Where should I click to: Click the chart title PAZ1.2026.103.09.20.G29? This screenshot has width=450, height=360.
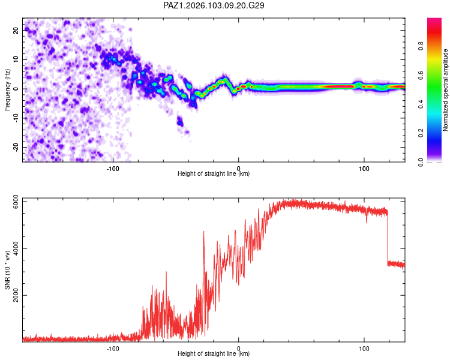(x=214, y=5)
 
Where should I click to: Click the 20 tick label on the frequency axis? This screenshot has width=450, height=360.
(x=16, y=30)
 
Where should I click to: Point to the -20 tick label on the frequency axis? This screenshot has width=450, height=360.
(x=16, y=147)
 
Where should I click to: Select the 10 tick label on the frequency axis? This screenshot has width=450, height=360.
(x=16, y=59)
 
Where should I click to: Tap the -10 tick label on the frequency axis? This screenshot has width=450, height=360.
(x=16, y=118)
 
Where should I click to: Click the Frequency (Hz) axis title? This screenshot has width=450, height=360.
(x=7, y=90)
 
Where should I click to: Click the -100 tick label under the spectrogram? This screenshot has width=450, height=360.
(x=113, y=169)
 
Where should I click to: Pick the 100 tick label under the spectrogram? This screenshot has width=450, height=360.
(x=364, y=169)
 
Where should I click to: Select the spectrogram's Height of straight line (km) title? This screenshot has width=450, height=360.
(x=214, y=173)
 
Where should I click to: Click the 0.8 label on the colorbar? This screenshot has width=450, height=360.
(x=421, y=46)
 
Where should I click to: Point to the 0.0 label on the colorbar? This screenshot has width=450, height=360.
(x=421, y=162)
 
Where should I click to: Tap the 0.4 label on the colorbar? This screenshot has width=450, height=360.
(x=421, y=104)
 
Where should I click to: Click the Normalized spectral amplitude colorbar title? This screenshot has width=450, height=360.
(x=445, y=90)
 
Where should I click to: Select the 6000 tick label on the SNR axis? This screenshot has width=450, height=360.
(x=16, y=202)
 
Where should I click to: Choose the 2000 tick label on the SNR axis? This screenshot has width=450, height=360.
(x=16, y=295)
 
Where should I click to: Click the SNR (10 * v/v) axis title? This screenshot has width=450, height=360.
(x=7, y=270)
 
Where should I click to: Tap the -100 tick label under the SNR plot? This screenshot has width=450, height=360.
(x=113, y=349)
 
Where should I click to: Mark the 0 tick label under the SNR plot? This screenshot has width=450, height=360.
(x=238, y=349)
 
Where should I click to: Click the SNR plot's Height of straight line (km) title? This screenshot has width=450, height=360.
(x=214, y=353)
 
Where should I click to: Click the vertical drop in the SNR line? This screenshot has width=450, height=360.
(x=388, y=238)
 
